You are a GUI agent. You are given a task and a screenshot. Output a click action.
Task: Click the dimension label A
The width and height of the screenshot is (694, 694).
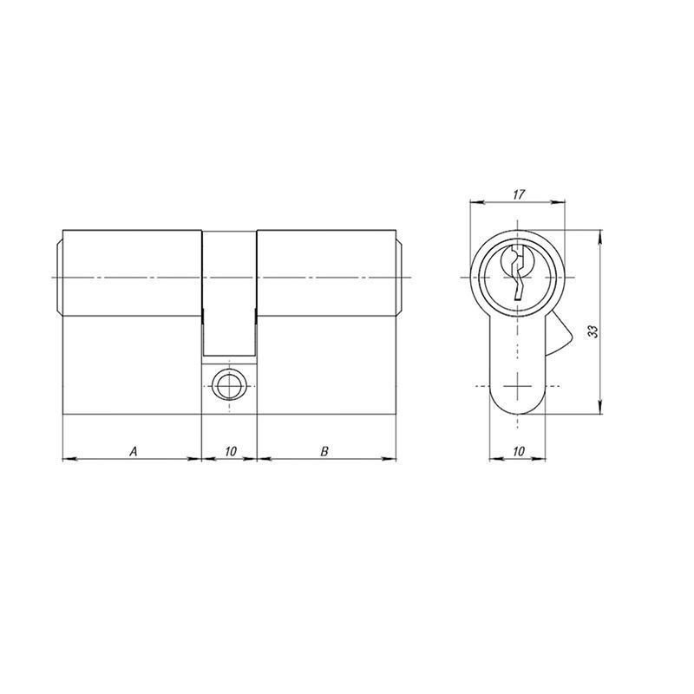pos(134,451)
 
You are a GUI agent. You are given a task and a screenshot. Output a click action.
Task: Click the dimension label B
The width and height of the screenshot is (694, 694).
pos(324,451)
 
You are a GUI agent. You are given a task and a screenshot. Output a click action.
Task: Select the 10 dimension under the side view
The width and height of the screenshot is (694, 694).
pos(231,451)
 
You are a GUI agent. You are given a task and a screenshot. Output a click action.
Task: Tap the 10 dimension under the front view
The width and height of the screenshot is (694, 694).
pos(518,451)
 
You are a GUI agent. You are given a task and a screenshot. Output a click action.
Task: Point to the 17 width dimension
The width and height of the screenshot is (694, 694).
pos(519,194)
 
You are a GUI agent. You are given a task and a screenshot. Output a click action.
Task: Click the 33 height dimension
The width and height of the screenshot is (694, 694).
pos(593,332)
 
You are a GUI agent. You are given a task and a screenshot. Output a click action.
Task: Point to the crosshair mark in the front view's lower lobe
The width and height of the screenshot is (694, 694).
pos(517,386)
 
